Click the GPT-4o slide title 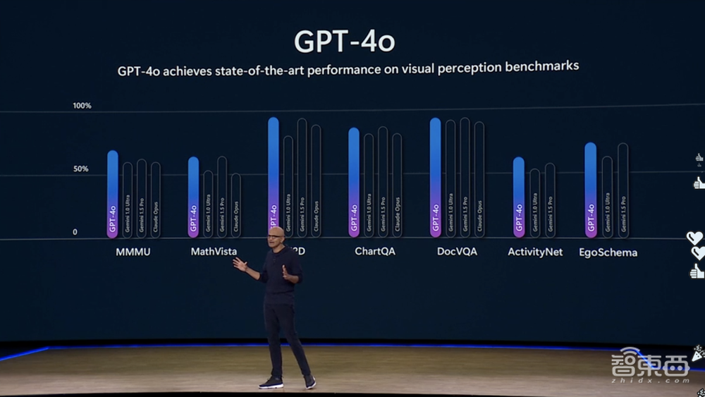344,41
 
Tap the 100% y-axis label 82,106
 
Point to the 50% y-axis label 80,169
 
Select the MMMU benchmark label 133,251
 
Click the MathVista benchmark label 214,251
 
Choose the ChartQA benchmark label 374,251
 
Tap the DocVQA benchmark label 457,251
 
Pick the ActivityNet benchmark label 535,252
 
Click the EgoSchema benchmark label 608,252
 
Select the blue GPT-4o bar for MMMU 113,193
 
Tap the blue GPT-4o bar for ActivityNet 518,197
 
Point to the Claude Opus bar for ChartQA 397,184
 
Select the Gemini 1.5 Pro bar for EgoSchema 623,190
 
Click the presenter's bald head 276,235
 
